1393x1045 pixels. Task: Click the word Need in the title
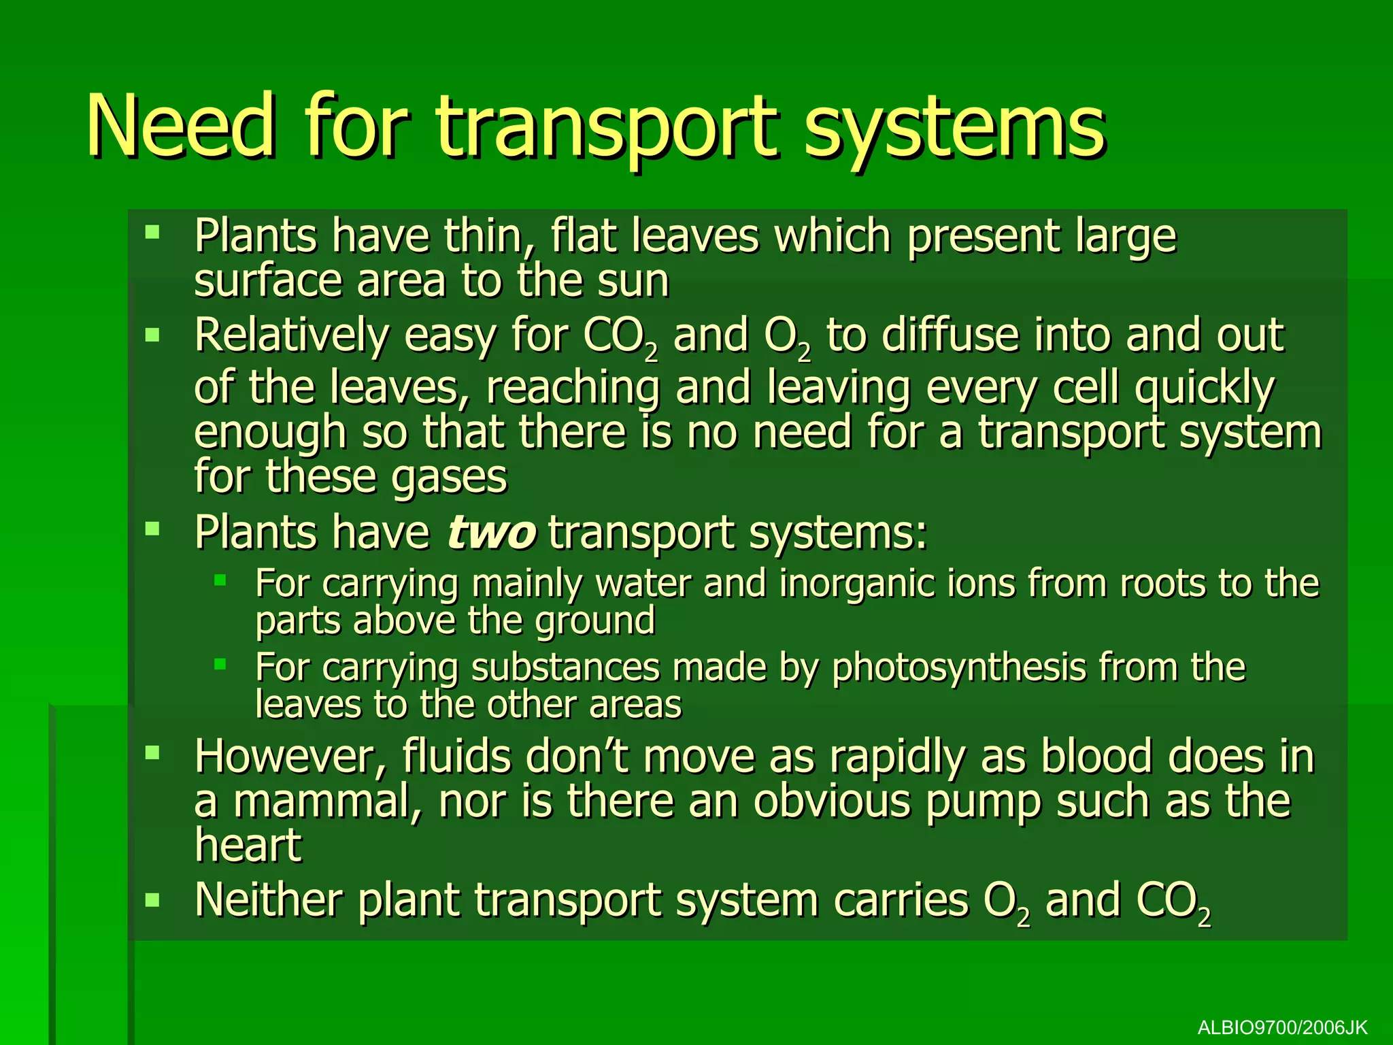pyautogui.click(x=181, y=127)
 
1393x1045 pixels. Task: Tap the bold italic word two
pyautogui.click(x=491, y=532)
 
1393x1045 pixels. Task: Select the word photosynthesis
pyautogui.click(x=958, y=667)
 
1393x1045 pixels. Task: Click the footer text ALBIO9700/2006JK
pyautogui.click(x=1282, y=1027)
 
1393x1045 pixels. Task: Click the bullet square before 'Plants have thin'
pyautogui.click(x=152, y=233)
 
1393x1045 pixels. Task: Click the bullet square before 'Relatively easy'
pyautogui.click(x=152, y=334)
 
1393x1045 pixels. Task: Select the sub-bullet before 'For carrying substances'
pyautogui.click(x=220, y=664)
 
